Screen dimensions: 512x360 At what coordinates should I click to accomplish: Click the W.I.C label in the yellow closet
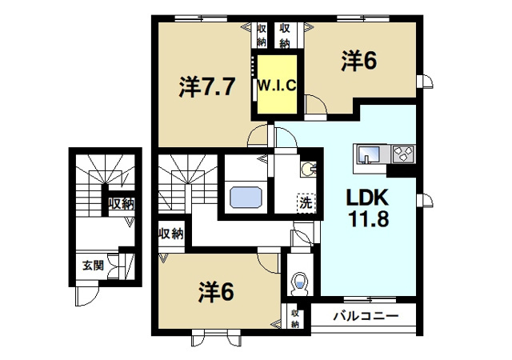[278, 86]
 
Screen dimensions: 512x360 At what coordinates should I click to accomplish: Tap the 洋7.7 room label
[207, 87]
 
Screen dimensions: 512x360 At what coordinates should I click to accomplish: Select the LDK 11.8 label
[368, 208]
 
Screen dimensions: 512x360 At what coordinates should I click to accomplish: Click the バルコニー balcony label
[366, 316]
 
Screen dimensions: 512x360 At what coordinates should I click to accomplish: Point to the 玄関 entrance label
[93, 265]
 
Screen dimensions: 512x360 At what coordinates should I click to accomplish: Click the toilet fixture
[301, 283]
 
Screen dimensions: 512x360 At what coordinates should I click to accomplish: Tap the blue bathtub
[246, 197]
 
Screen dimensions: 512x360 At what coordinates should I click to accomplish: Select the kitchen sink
[369, 154]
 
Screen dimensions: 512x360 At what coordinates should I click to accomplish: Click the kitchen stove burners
[403, 154]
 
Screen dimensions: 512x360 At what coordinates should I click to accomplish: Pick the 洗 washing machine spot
[306, 203]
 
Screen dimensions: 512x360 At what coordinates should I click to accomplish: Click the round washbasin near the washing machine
[309, 170]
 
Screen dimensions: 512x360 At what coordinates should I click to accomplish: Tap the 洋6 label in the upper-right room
[359, 61]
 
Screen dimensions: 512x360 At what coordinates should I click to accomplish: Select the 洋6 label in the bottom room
[216, 292]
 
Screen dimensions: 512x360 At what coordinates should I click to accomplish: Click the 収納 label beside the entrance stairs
[122, 203]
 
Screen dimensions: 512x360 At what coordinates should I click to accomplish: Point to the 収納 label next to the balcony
[295, 318]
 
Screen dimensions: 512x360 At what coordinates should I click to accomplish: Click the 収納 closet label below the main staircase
[170, 234]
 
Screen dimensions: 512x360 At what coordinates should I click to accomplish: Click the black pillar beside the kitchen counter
[401, 170]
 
